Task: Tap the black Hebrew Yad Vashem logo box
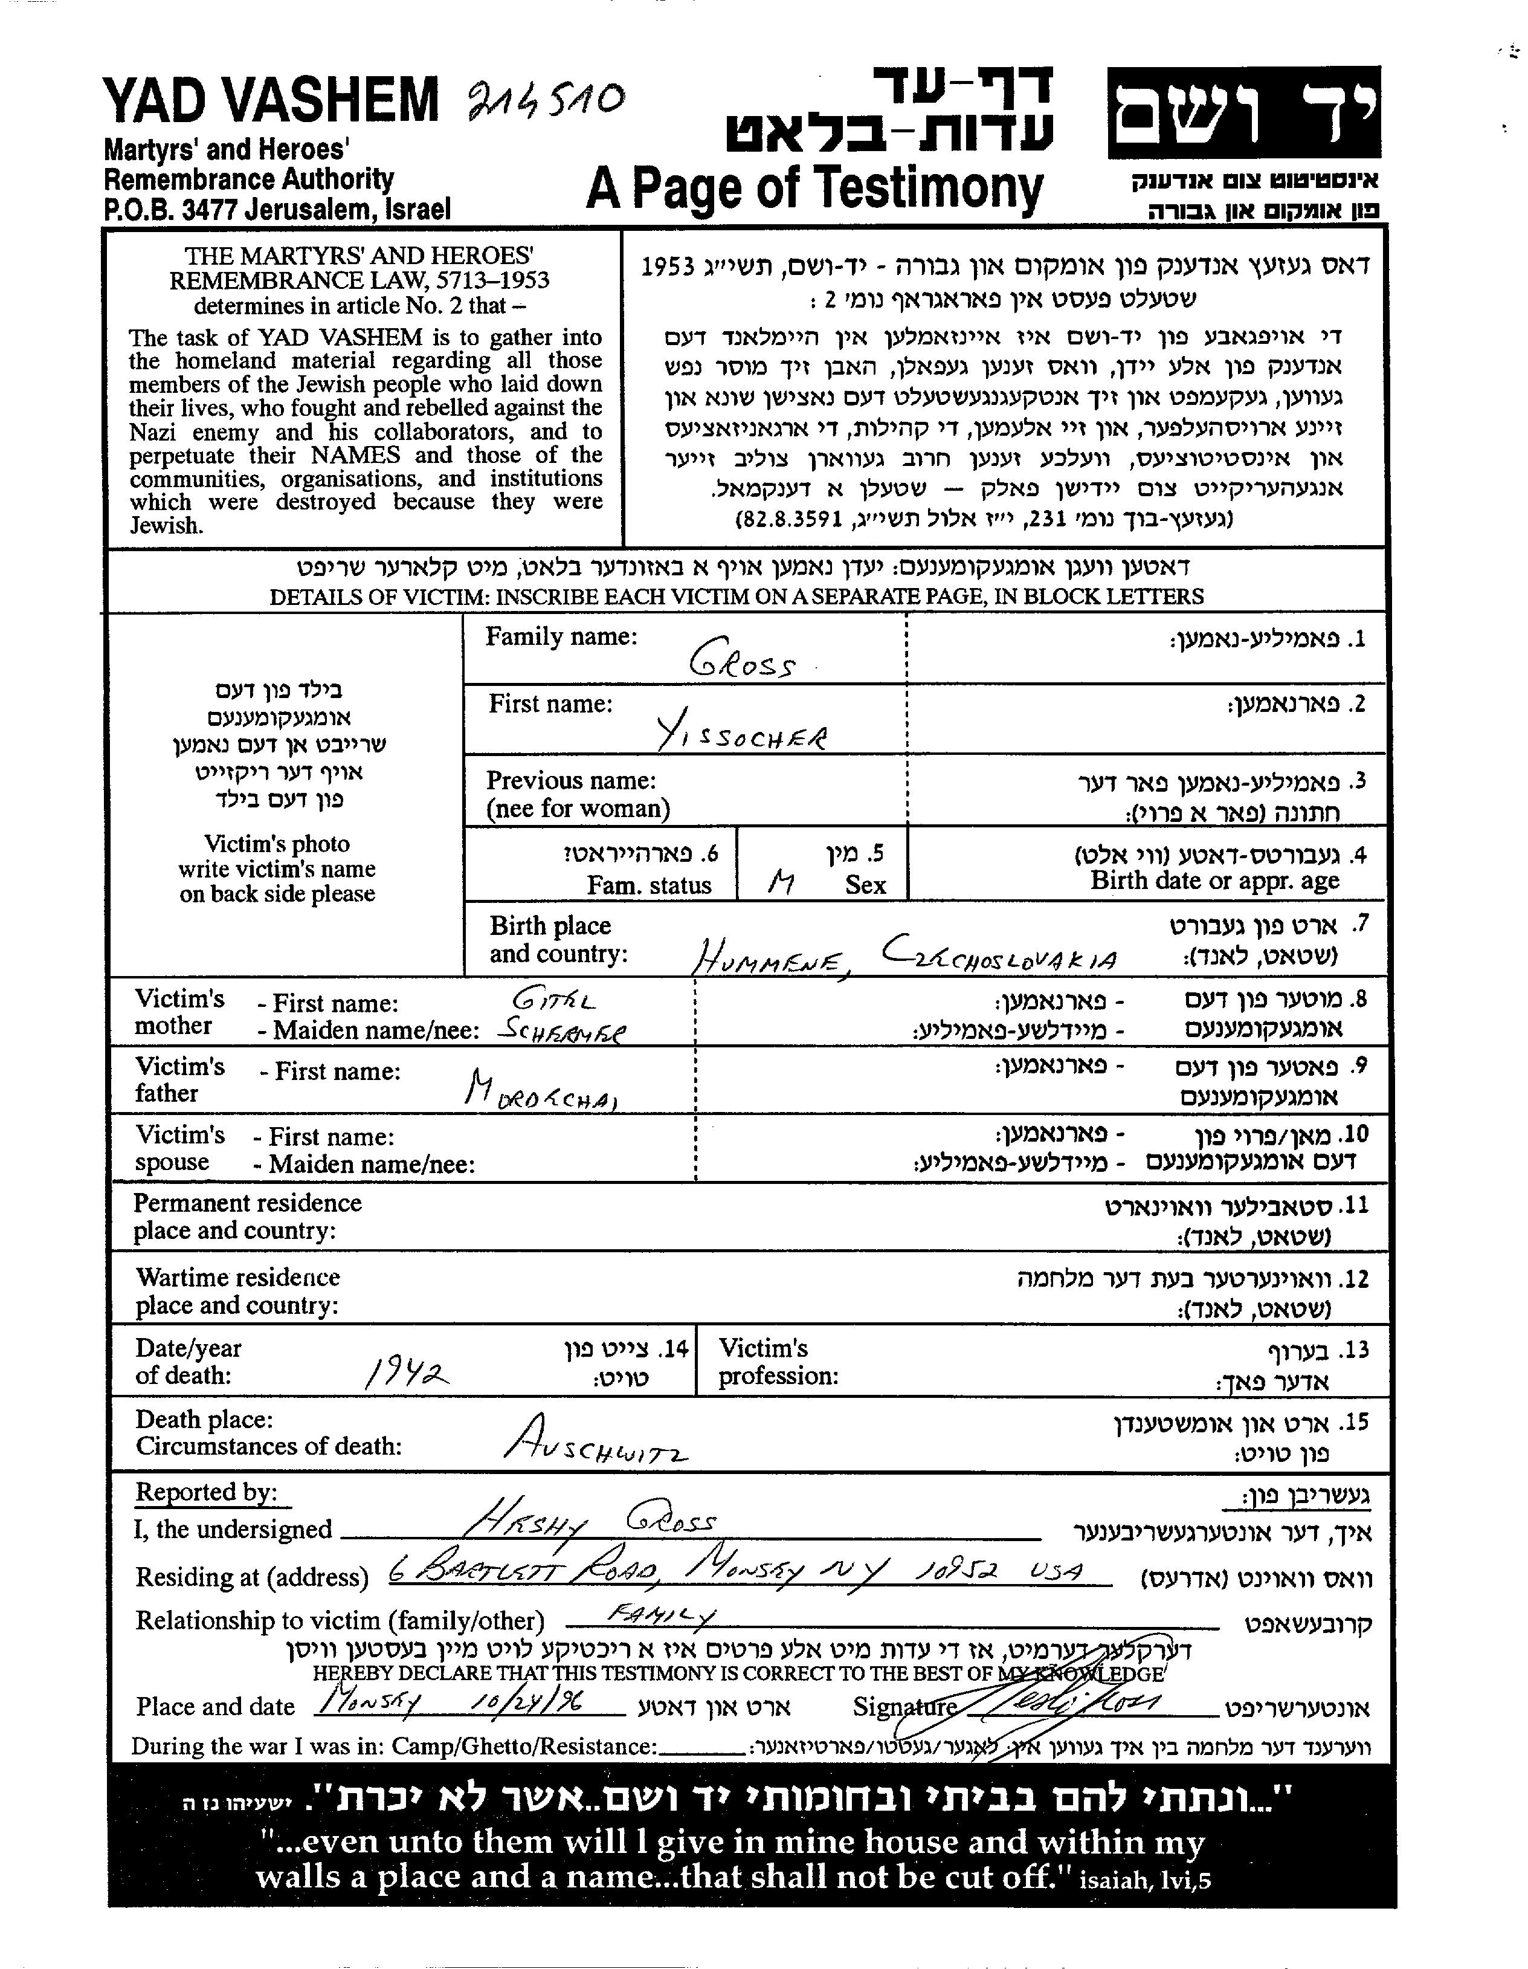[x=1243, y=112]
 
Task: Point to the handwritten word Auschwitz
[x=595, y=1444]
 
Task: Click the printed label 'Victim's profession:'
[x=777, y=1362]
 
